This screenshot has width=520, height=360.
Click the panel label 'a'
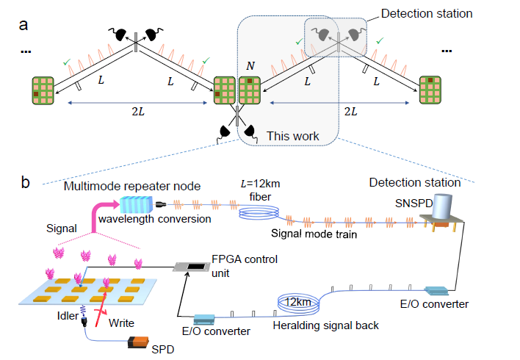tap(24, 24)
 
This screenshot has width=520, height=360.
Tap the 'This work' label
tap(292, 136)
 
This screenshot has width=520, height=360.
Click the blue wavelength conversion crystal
tap(137, 206)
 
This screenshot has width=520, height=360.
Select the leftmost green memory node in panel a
tap(44, 89)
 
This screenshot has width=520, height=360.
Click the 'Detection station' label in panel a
tap(426, 13)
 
